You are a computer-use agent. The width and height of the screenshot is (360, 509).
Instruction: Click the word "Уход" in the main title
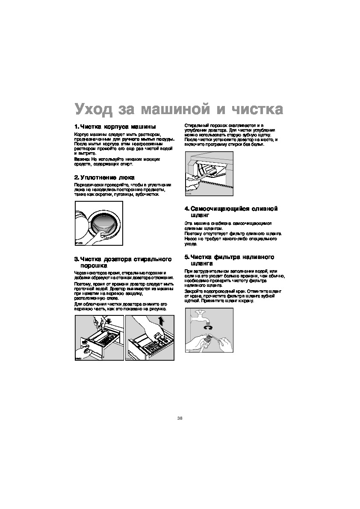coord(94,109)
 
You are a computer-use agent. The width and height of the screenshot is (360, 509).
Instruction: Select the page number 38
coord(180,418)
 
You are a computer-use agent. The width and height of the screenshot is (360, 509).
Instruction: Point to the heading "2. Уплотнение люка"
coord(104,177)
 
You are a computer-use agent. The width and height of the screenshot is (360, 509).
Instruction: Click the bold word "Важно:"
coord(82,159)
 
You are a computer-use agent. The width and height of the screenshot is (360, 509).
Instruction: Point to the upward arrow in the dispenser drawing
coord(161,321)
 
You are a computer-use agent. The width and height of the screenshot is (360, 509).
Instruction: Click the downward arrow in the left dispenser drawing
coord(109,321)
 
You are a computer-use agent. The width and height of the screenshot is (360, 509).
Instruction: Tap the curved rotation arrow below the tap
coord(210,328)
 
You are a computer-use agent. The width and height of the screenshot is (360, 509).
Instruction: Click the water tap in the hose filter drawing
coord(204,317)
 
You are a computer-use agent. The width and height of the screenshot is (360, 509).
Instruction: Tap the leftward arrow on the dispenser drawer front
coord(84,341)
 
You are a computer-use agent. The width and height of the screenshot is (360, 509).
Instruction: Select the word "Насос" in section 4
coord(191,239)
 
